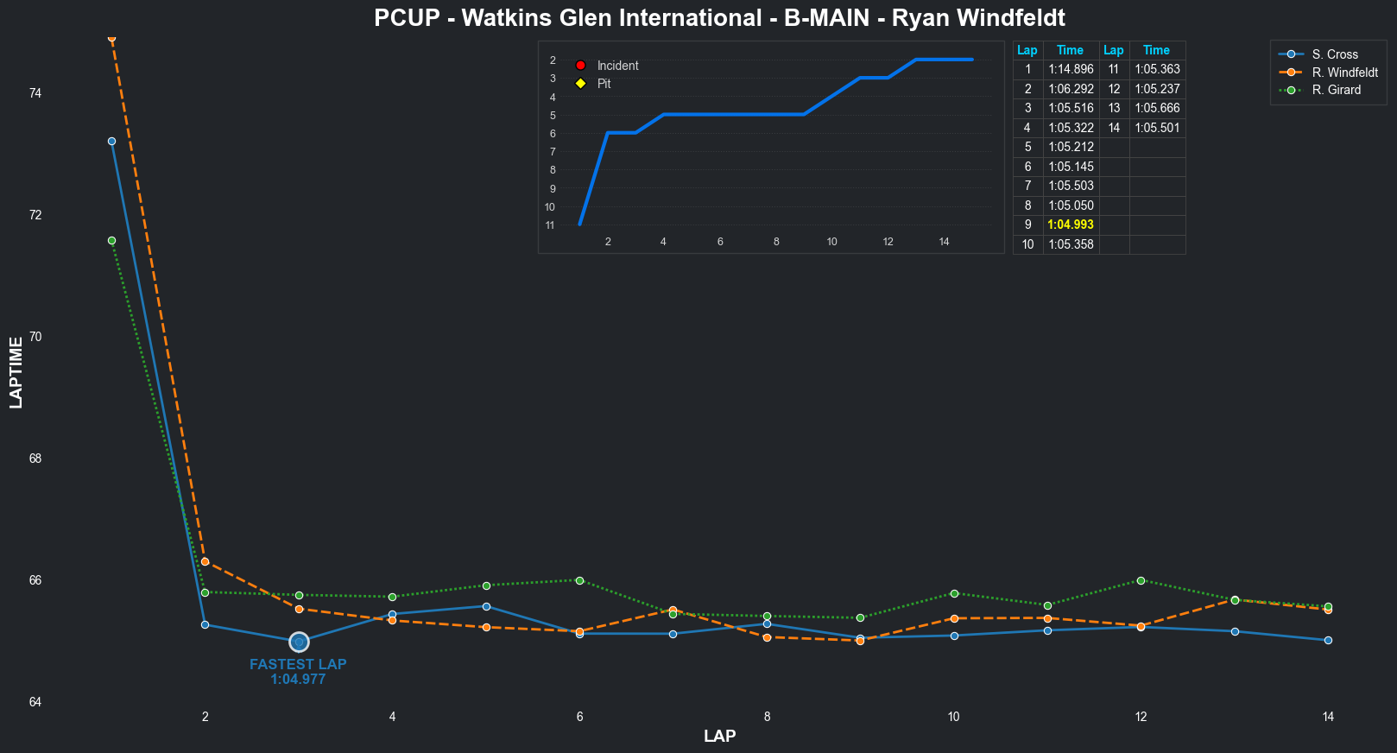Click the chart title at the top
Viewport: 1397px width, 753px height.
click(x=719, y=17)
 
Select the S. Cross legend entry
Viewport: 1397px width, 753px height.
click(x=1335, y=54)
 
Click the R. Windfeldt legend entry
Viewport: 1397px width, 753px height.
click(x=1344, y=73)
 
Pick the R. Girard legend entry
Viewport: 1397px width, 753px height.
click(x=1336, y=90)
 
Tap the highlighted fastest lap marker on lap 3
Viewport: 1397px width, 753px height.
click(x=299, y=642)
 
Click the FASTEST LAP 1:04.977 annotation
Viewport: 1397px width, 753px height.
click(x=298, y=672)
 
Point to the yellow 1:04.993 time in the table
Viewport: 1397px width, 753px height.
click(x=1071, y=225)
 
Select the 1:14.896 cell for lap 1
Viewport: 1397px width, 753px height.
click(x=1071, y=70)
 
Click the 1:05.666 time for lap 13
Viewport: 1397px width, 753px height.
click(x=1157, y=109)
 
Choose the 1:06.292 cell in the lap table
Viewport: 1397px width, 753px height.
click(x=1071, y=89)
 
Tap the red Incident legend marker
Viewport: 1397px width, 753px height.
click(x=581, y=66)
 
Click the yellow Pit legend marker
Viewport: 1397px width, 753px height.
click(x=581, y=84)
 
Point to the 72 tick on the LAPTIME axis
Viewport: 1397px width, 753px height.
click(x=35, y=215)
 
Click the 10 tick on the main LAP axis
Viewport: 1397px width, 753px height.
click(x=954, y=717)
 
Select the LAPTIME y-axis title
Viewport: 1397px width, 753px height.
click(x=16, y=372)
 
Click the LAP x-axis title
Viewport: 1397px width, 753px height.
click(x=719, y=737)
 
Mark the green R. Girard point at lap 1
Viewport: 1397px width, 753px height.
click(x=111, y=241)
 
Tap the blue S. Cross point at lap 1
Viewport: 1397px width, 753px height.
click(x=111, y=142)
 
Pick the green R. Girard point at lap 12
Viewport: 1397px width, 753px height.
click(x=1141, y=580)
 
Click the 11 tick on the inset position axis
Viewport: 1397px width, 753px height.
click(x=550, y=225)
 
